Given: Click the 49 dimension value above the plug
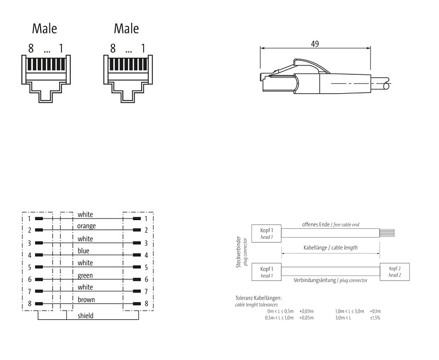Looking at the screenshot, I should [314, 44].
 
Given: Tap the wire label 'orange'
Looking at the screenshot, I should [87, 226].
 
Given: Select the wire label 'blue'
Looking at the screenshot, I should [84, 250].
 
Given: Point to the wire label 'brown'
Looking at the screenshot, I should [87, 300].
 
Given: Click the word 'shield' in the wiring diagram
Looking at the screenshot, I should [85, 316].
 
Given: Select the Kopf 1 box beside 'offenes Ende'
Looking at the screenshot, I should [266, 233].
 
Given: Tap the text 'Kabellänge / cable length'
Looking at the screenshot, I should [330, 248].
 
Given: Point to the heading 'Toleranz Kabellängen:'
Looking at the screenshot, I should [258, 297].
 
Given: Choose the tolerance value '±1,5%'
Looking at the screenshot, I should [375, 318].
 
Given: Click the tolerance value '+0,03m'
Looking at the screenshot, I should [306, 311].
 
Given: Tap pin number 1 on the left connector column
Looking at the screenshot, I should [29, 218].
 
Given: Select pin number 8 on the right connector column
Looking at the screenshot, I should [147, 303].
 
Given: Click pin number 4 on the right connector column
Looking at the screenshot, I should [147, 255].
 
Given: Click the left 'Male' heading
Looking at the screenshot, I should [44, 28].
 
